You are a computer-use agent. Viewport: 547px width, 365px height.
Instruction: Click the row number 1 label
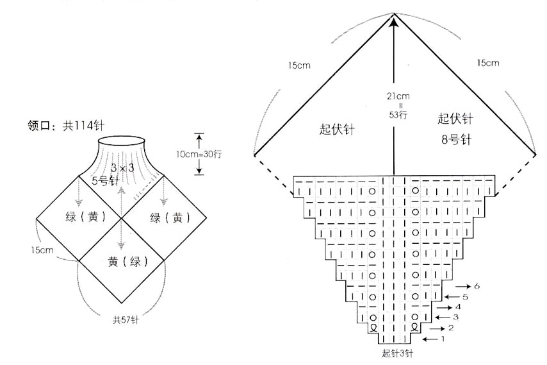coord(443,339)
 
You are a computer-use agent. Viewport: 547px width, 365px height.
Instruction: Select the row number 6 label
coord(477,286)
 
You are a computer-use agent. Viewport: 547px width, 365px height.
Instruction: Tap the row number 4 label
coord(458,307)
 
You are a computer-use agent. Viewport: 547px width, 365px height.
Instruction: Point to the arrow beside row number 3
coord(442,318)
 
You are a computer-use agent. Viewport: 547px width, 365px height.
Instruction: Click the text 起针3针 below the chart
coord(397,353)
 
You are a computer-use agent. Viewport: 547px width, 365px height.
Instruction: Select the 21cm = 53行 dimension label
coord(398,105)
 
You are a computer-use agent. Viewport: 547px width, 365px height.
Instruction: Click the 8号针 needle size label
coord(456,140)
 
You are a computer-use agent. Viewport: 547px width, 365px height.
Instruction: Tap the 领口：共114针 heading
coord(66,125)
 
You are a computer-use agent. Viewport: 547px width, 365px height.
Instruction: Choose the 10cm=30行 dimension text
coord(199,154)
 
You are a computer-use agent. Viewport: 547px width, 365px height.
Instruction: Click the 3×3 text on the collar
coord(122,168)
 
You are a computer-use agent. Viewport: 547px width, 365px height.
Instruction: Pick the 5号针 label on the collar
coord(105,181)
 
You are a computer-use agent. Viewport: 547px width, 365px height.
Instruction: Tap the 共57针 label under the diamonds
coord(126,319)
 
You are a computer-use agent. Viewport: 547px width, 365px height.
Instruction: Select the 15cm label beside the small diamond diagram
coord(42,250)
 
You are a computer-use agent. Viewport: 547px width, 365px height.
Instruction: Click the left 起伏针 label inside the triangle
coord(337,129)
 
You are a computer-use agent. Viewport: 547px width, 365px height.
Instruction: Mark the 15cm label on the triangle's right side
coord(488,63)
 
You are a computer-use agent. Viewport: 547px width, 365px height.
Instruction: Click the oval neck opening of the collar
coord(122,140)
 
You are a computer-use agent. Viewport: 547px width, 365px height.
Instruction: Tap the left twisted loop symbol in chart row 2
coord(373,328)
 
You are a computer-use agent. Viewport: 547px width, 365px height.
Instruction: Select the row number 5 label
coord(465,297)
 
